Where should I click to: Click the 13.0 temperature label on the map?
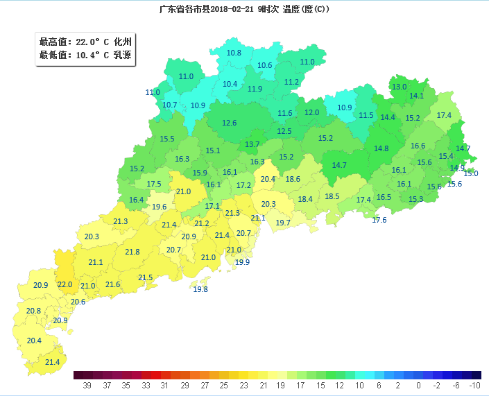[399, 87]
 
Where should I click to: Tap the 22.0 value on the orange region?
[65, 284]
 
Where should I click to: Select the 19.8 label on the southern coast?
[200, 289]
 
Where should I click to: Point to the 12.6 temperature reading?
[230, 123]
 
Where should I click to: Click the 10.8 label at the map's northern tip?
[234, 53]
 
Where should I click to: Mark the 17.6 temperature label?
[379, 220]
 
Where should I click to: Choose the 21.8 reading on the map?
[132, 252]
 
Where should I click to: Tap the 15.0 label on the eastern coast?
[471, 173]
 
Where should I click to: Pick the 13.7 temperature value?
[252, 144]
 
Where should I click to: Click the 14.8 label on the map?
[381, 148]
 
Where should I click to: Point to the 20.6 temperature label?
[78, 302]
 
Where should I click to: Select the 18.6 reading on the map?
[293, 179]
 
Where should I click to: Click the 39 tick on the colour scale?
[87, 386]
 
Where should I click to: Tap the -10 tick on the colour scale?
[474, 386]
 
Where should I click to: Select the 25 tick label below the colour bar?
[223, 386]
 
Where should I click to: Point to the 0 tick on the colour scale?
[418, 386]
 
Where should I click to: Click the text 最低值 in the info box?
[53, 55]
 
